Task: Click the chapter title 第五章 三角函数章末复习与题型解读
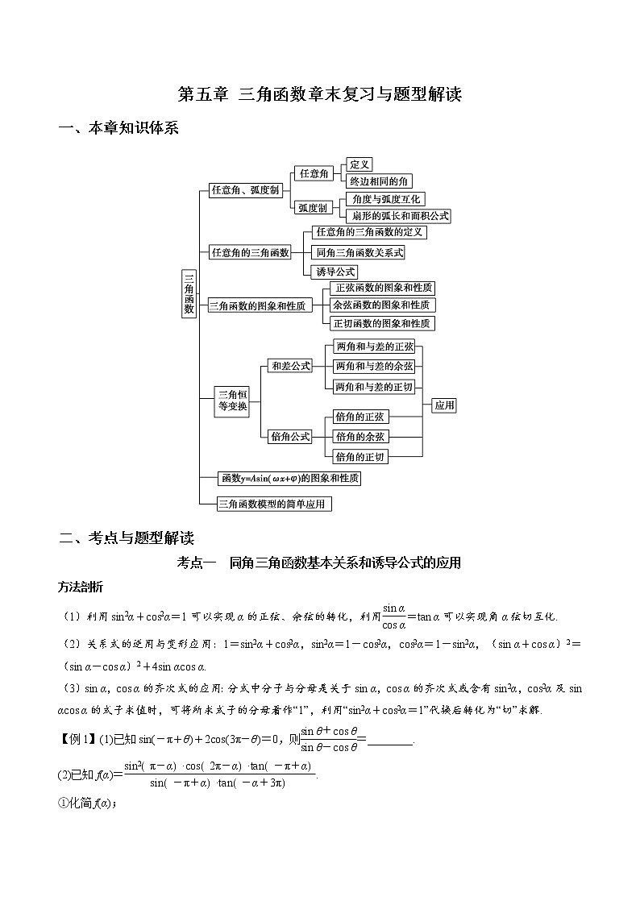(x=319, y=94)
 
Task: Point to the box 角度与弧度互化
(x=382, y=199)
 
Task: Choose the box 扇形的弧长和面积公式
(x=396, y=216)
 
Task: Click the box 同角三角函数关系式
(x=360, y=252)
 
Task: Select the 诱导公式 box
(x=335, y=272)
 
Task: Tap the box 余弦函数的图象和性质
(x=383, y=305)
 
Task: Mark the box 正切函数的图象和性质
(x=383, y=323)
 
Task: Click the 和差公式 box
(x=290, y=366)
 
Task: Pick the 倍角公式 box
(x=290, y=436)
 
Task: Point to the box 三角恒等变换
(x=234, y=401)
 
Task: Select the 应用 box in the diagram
(x=444, y=405)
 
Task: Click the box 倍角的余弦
(x=361, y=436)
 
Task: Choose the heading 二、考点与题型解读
(x=127, y=538)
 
